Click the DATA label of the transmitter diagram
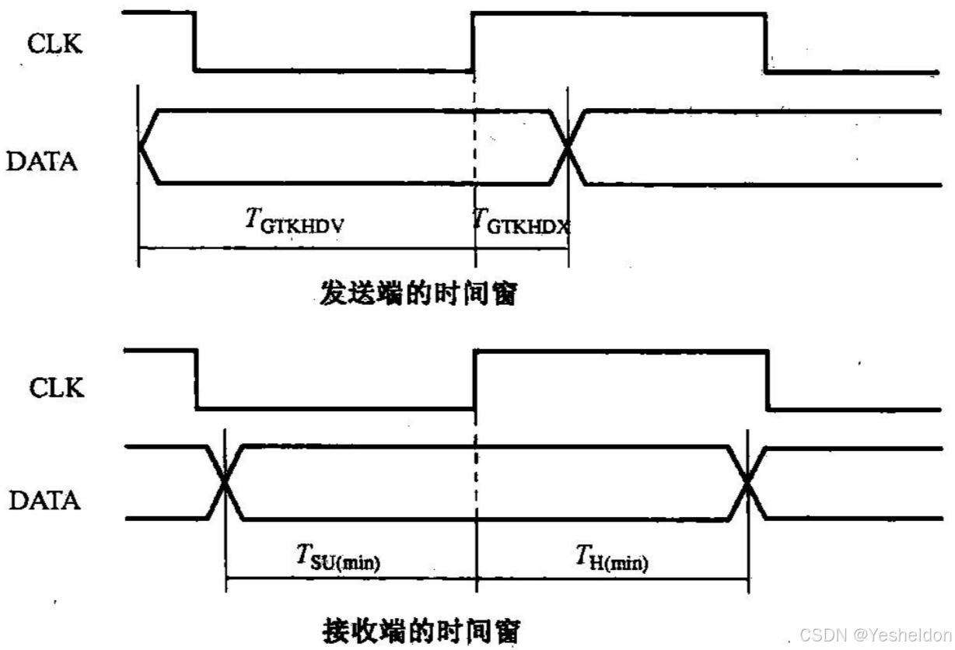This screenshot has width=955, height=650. tap(42, 162)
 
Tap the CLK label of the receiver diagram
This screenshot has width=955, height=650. tap(55, 386)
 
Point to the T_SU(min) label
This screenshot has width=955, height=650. tap(338, 557)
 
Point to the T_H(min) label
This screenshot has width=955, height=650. tap(612, 557)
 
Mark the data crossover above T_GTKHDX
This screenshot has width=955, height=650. tap(568, 147)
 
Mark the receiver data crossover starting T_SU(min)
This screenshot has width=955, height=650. tap(225, 482)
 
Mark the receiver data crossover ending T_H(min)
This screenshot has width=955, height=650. tap(747, 482)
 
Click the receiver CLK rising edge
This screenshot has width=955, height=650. tap(474, 380)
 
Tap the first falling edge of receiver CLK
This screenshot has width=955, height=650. tap(196, 379)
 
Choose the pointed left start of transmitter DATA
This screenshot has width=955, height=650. tap(141, 147)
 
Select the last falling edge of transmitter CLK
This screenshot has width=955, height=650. tap(765, 44)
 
